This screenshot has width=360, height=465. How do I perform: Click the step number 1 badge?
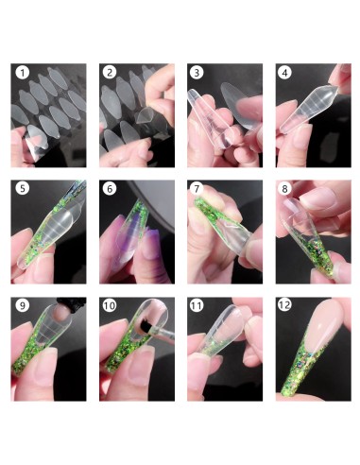pyautogui.click(x=22, y=73)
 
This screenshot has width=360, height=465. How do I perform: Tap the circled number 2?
pyautogui.click(x=110, y=73)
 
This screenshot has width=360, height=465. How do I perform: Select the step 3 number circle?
pyautogui.click(x=197, y=73)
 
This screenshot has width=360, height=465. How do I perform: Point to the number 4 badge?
pyautogui.click(x=284, y=73)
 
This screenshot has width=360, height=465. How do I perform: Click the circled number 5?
pyautogui.click(x=22, y=188)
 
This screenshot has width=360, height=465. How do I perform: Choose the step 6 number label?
pyautogui.click(x=110, y=188)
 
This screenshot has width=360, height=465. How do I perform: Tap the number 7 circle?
pyautogui.click(x=197, y=188)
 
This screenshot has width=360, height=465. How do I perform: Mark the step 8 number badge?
pyautogui.click(x=284, y=188)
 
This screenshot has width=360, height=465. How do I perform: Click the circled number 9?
pyautogui.click(x=22, y=305)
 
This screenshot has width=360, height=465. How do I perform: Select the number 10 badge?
pyautogui.click(x=110, y=305)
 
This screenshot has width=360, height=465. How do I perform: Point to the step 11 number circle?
pyautogui.click(x=197, y=305)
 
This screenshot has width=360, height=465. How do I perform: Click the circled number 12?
pyautogui.click(x=284, y=305)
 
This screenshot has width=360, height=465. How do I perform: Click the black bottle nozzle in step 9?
pyautogui.click(x=71, y=301)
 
